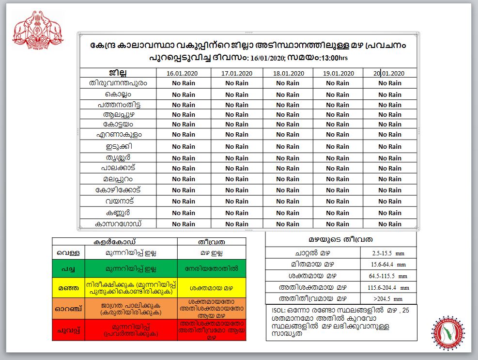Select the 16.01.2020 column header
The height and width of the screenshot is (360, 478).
point(184,73)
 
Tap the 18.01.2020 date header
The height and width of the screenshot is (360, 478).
point(288,73)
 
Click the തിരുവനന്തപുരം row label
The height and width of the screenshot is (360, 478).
point(118,83)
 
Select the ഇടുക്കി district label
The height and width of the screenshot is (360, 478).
point(118,146)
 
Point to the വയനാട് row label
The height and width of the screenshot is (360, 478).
point(118,201)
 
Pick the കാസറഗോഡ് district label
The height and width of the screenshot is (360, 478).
point(118,224)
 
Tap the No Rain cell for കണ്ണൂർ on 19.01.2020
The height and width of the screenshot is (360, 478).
point(338,213)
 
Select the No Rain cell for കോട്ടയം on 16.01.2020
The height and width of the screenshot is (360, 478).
point(184,125)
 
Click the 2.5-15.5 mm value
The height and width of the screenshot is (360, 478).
point(388,253)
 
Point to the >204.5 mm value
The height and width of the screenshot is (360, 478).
point(388,298)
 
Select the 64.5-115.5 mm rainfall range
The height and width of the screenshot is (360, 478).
point(388,276)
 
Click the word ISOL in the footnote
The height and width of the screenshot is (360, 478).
point(277,311)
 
